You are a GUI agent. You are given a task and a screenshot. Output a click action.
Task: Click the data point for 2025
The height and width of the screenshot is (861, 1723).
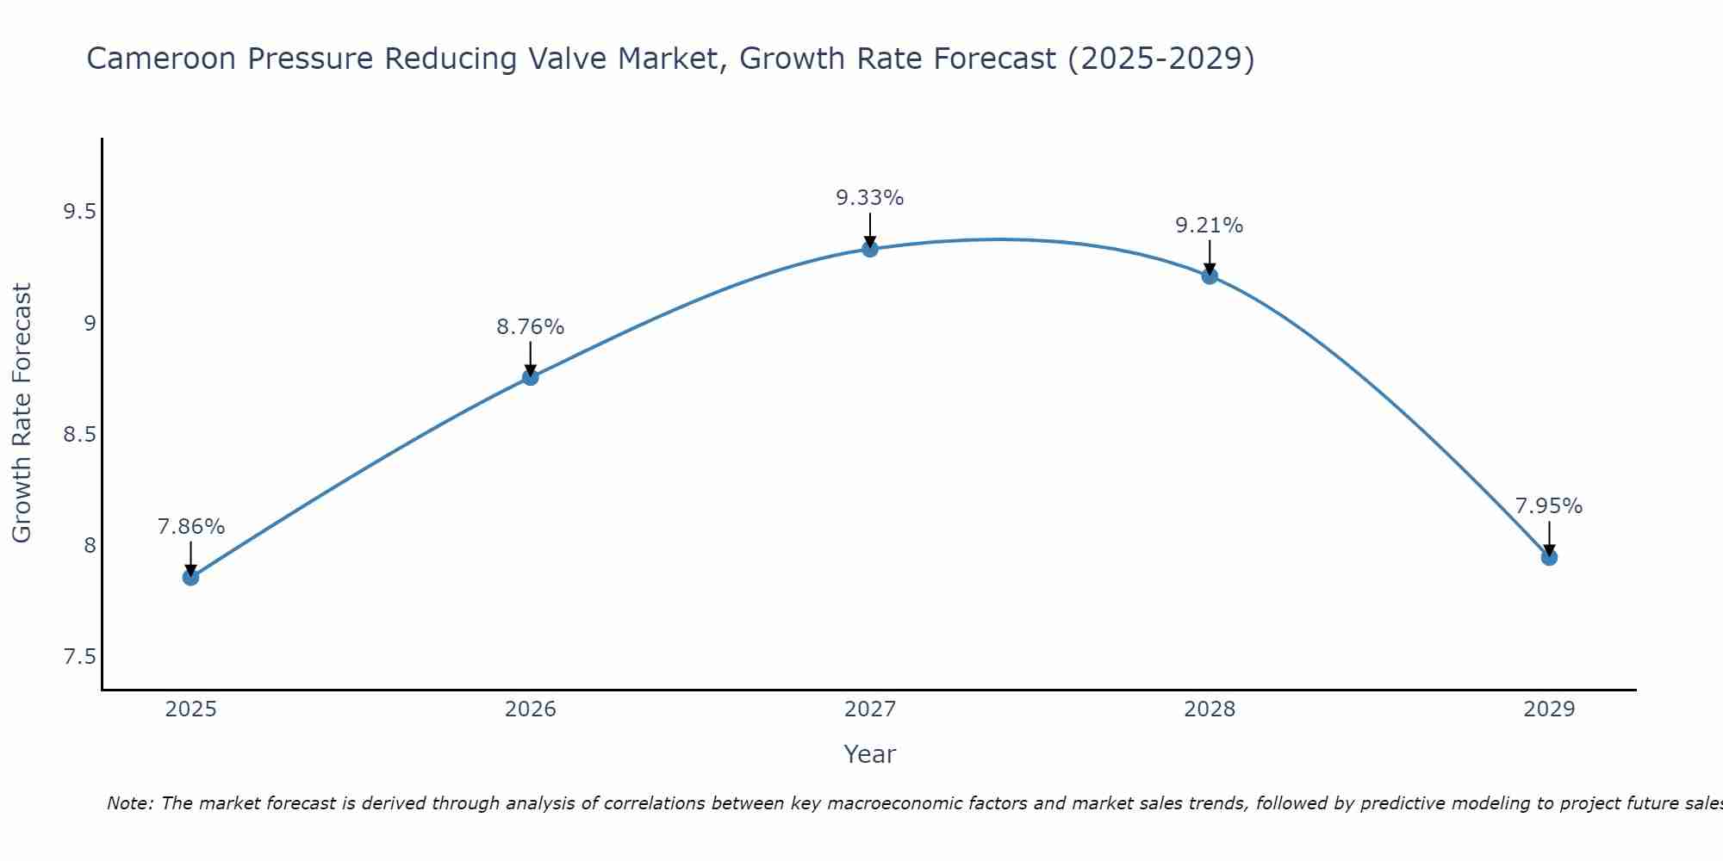pos(190,577)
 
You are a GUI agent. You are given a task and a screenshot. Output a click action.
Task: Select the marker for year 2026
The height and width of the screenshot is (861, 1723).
pos(530,376)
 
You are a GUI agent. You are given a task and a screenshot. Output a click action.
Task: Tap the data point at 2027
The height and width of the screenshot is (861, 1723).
pos(869,249)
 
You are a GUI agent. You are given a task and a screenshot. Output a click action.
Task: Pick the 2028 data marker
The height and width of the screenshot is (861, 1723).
pos(1209,276)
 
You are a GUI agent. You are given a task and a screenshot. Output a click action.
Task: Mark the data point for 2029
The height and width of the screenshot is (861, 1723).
pos(1548,557)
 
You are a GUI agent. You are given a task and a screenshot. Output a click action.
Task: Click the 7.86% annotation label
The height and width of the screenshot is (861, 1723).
pos(190,527)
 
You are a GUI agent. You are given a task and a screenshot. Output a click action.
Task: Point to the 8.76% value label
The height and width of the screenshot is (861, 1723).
pos(530,327)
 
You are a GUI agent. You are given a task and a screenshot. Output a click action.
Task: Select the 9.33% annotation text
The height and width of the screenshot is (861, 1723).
pos(869,198)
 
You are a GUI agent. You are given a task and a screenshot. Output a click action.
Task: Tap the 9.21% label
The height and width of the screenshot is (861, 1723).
pos(1209,226)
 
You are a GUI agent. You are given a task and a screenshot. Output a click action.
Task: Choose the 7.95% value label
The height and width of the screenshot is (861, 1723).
pos(1548,506)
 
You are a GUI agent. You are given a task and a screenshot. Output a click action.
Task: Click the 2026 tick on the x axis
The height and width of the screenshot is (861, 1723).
pos(530,709)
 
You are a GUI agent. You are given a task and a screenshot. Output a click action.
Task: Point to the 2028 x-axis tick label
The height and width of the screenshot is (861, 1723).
pos(1209,709)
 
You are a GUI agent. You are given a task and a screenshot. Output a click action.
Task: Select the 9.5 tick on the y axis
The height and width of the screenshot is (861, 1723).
pos(79,213)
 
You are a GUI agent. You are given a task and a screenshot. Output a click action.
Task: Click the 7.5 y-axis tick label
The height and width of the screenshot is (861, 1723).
pos(79,657)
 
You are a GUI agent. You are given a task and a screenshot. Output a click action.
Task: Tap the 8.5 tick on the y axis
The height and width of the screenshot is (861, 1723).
pos(79,435)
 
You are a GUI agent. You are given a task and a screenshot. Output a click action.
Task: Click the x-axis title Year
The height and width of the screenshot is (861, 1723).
pos(869,754)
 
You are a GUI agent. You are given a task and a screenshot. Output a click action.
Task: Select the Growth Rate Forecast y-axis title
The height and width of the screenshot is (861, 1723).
pos(22,413)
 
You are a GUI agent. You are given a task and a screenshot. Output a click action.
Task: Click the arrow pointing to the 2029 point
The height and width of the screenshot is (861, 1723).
pos(1548,537)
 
